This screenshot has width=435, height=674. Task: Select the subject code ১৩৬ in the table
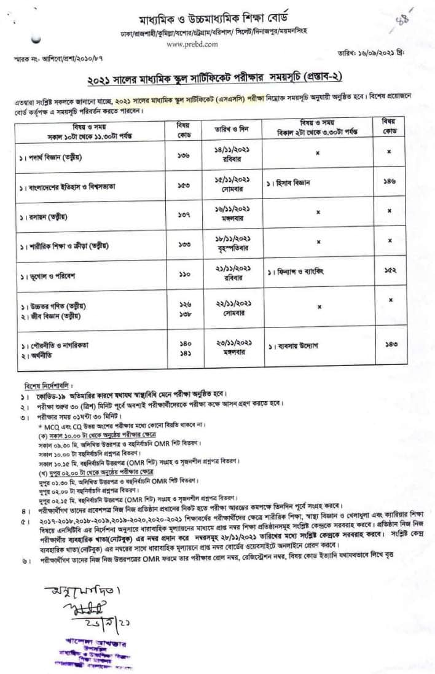click(x=184, y=155)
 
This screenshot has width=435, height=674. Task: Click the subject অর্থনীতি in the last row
click(x=41, y=356)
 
